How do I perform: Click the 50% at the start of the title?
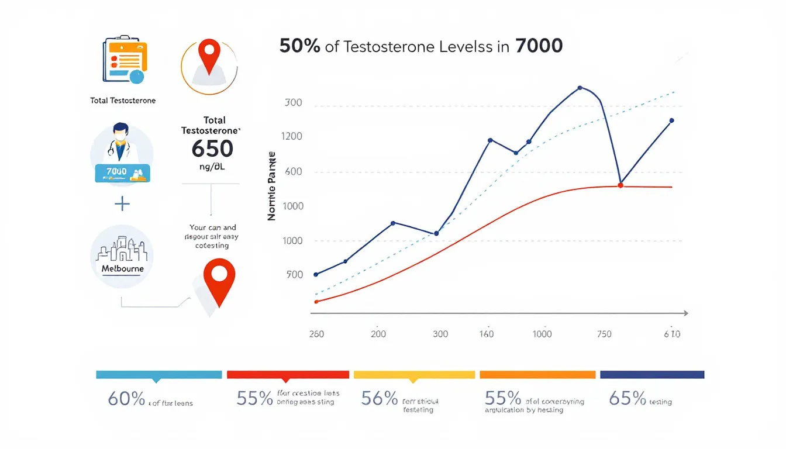(299, 46)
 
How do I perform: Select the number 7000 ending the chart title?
(539, 46)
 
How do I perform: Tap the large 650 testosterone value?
(212, 148)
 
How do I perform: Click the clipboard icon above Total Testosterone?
(122, 60)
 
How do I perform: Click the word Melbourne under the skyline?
(122, 269)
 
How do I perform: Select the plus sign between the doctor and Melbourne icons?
(122, 203)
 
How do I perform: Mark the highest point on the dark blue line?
(580, 88)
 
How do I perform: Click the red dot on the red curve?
(620, 185)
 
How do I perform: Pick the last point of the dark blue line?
(671, 120)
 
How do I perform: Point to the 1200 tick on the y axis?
(292, 137)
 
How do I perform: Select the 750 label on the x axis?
(604, 334)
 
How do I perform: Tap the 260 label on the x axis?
(316, 334)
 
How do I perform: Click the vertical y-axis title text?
(272, 186)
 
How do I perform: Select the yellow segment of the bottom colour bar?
(414, 375)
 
